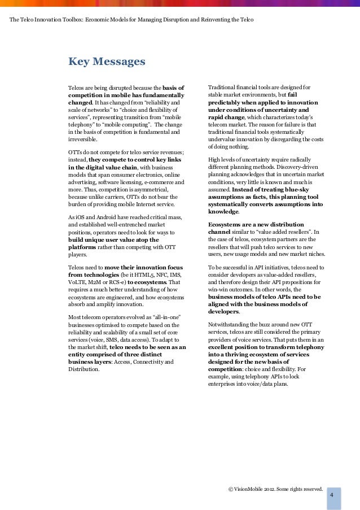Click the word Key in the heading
tap(79, 61)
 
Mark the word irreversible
tap(82, 139)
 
